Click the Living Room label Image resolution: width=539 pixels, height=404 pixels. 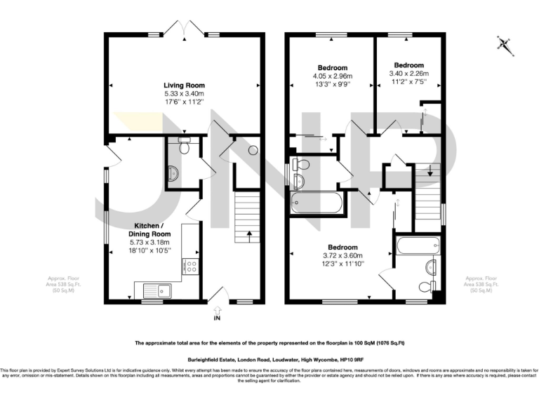(184, 85)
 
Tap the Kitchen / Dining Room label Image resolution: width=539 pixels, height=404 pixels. (161, 229)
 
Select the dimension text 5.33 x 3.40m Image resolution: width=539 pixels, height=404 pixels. (184, 93)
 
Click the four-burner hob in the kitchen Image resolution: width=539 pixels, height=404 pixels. (190, 266)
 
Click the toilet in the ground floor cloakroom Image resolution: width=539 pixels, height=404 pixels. (185, 143)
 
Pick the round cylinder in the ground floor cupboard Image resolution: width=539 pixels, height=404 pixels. (253, 149)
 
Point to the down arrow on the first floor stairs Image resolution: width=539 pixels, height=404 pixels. (429, 169)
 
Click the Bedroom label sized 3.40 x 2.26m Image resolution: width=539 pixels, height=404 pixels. (409, 64)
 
